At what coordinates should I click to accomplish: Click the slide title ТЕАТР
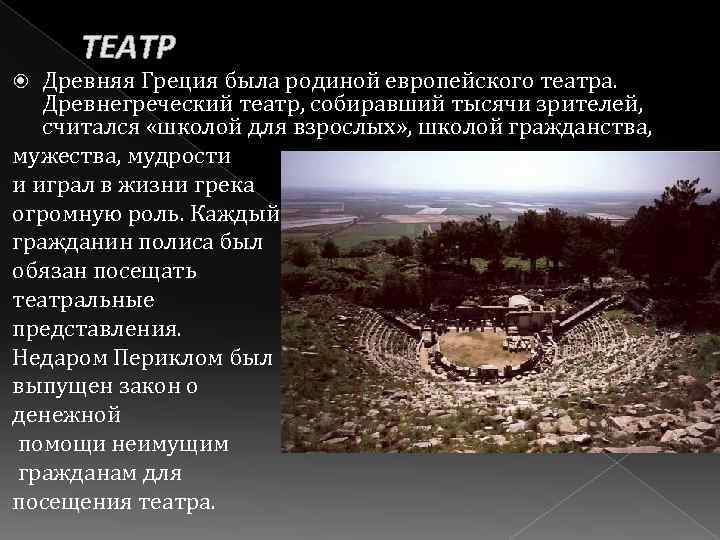click(129, 46)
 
